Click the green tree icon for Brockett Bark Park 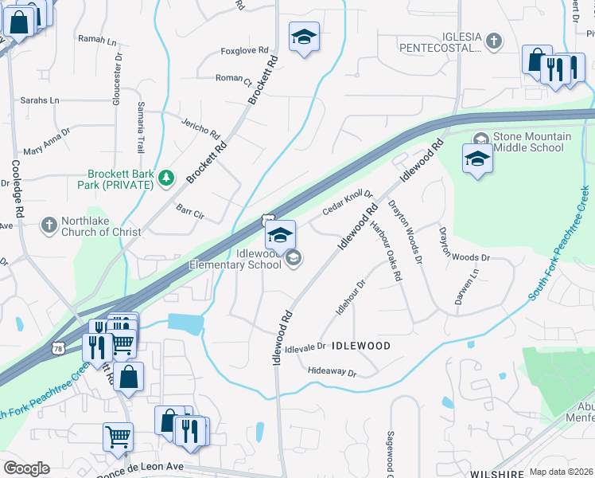click(166, 178)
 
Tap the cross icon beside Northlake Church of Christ click(49, 225)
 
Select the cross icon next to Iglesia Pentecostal click(494, 41)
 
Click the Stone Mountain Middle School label click(531, 143)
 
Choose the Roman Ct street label click(233, 79)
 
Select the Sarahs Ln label click(40, 100)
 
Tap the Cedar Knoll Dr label click(348, 202)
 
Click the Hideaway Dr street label click(331, 372)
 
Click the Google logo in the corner click(25, 468)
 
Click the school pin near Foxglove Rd click(303, 38)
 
